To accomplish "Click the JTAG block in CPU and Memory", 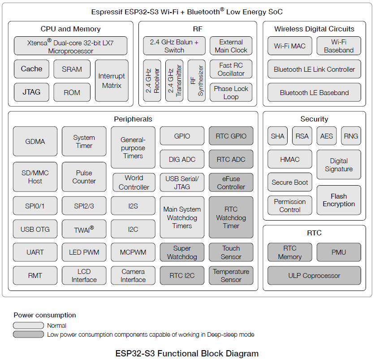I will [31, 92].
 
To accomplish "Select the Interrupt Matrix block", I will [112, 81].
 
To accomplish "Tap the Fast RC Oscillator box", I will [231, 69].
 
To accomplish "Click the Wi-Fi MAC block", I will [289, 46].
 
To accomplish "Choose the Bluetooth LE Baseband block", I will [314, 92].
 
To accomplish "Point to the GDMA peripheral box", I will [35, 141].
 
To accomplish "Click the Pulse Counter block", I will [84, 177].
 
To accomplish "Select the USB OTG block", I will [35, 229].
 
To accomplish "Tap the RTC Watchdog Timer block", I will [231, 217].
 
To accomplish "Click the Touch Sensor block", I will [231, 252].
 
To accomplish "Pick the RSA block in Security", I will [302, 136].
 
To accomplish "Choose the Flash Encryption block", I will [339, 200].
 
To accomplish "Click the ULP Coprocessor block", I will [314, 276].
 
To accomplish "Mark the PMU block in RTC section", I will [339, 252].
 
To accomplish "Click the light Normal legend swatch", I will [28, 325].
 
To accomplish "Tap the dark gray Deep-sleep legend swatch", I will [28, 334].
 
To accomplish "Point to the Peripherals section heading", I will [133, 119].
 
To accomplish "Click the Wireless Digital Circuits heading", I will [314, 29].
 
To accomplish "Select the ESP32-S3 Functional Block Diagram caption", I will [187, 353].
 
